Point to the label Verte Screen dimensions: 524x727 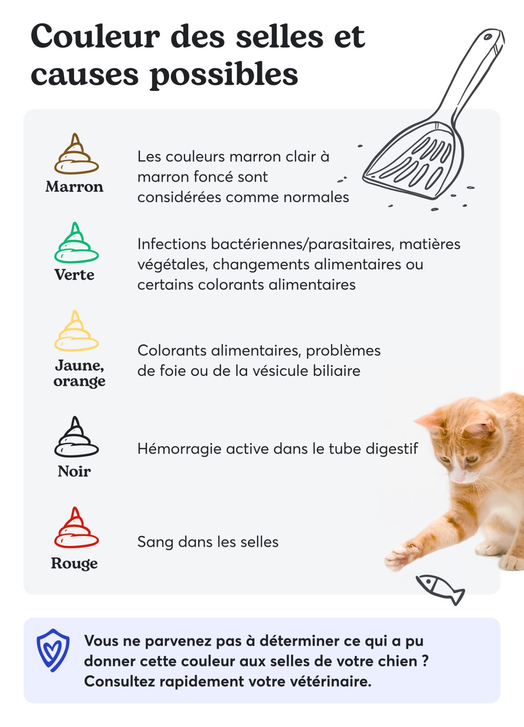(x=74, y=275)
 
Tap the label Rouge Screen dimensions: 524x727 (x=74, y=564)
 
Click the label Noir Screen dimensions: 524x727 (x=74, y=471)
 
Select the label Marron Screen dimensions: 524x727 (x=74, y=187)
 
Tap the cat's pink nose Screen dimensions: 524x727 (x=459, y=479)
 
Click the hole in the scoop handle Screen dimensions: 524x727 (x=488, y=37)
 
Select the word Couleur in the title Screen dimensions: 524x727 (x=95, y=36)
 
